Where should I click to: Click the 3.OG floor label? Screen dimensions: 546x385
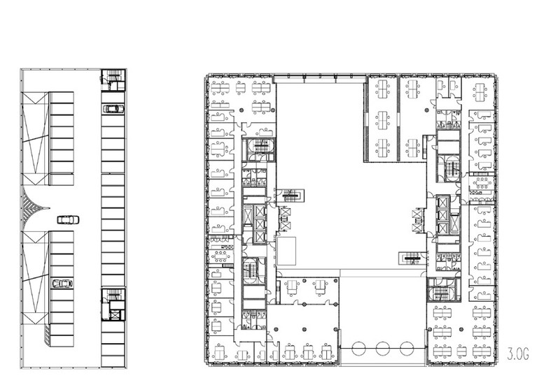(x=518, y=355)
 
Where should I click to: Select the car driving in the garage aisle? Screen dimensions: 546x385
(x=69, y=220)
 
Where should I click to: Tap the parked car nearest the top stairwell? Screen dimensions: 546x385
(x=113, y=109)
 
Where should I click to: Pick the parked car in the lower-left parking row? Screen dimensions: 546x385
(x=62, y=284)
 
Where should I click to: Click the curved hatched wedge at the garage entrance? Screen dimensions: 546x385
(x=32, y=208)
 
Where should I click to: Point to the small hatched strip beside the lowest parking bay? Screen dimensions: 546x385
(x=47, y=335)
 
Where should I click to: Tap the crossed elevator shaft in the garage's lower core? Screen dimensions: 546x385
(x=115, y=315)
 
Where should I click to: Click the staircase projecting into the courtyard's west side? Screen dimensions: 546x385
(x=290, y=195)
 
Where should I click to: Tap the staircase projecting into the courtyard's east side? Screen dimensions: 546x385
(x=412, y=259)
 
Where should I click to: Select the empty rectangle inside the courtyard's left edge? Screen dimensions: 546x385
(x=286, y=251)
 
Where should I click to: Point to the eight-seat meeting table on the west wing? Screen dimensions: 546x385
(x=220, y=256)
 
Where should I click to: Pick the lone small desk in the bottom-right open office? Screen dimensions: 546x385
(x=462, y=351)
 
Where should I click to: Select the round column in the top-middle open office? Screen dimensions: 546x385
(x=426, y=110)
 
